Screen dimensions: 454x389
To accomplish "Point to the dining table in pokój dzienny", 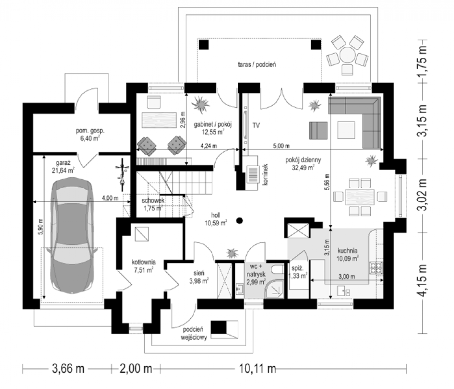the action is pyautogui.click(x=360, y=197).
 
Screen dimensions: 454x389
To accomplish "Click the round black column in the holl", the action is pyautogui.click(x=240, y=221).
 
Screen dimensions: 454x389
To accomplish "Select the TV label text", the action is pyautogui.click(x=256, y=125).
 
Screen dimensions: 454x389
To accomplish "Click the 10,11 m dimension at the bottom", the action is pyautogui.click(x=257, y=369).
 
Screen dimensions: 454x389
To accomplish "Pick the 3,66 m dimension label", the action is pyautogui.click(x=68, y=369).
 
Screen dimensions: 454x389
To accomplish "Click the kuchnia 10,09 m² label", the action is pyautogui.click(x=348, y=255).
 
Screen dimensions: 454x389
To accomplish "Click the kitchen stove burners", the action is pyautogui.click(x=376, y=268).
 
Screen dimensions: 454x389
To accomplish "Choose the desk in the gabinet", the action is pyautogui.click(x=159, y=120).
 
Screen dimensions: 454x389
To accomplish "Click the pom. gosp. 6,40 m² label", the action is pyautogui.click(x=90, y=135).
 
